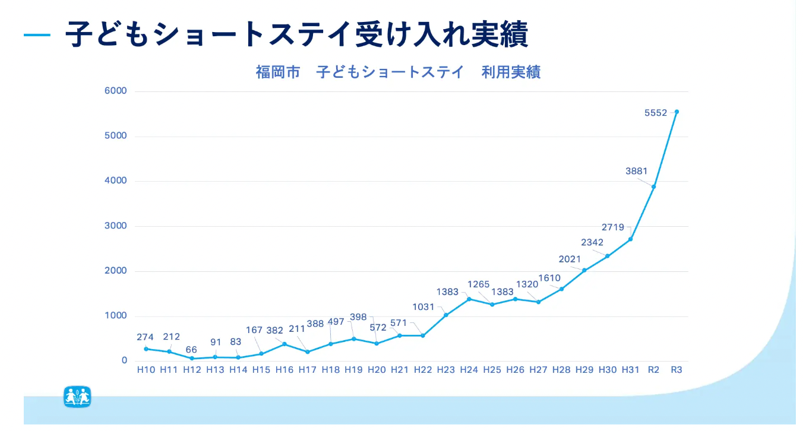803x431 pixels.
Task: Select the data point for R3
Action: (x=676, y=112)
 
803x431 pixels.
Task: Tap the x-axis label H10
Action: (x=146, y=370)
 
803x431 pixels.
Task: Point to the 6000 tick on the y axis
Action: (x=116, y=91)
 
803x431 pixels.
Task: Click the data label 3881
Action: (x=637, y=171)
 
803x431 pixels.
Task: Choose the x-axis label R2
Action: (x=653, y=370)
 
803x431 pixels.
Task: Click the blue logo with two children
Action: (x=77, y=396)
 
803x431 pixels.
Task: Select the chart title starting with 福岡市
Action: (x=398, y=72)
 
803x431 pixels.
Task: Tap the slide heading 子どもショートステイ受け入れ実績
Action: (x=296, y=34)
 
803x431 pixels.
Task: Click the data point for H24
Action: (x=469, y=299)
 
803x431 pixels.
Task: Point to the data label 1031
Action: (x=424, y=307)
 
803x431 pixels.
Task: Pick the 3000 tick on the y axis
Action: (x=116, y=226)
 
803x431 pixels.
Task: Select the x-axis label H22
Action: (x=423, y=370)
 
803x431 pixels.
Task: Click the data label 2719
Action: (x=613, y=227)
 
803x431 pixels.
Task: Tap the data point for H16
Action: (x=284, y=344)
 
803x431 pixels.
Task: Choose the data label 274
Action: (x=145, y=337)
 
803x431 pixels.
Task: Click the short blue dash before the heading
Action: (x=37, y=35)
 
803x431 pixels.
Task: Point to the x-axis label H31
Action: (x=630, y=370)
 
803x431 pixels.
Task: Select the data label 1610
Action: (x=549, y=278)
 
